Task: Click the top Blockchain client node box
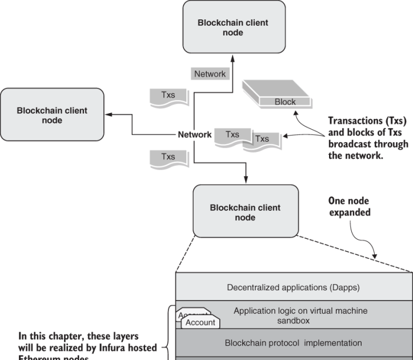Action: [233, 27]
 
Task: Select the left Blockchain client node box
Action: [52, 115]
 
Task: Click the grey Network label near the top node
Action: [210, 74]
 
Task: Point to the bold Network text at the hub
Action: [195, 135]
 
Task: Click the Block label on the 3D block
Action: [286, 102]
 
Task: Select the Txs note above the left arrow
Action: [167, 95]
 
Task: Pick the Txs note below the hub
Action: [167, 157]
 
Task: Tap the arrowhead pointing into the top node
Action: [233, 57]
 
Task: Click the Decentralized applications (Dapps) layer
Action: [293, 286]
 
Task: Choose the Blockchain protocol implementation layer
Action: [293, 343]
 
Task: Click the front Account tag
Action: [201, 322]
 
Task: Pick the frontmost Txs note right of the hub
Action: [262, 139]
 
